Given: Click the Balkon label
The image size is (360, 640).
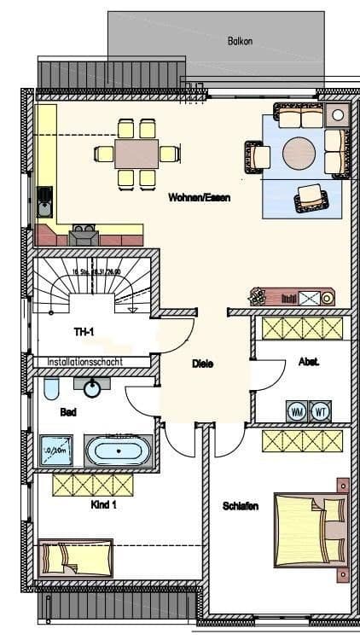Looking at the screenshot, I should (x=241, y=40).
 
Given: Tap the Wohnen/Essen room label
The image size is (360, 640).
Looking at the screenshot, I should (x=200, y=197).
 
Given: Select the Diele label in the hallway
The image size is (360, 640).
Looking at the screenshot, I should (x=202, y=364).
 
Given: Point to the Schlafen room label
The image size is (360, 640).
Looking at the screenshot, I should (x=241, y=506).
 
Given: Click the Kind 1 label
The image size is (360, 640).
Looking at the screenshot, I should (x=102, y=504).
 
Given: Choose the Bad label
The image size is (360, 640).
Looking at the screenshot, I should (x=67, y=411).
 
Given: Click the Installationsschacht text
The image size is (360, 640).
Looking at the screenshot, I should (x=85, y=362).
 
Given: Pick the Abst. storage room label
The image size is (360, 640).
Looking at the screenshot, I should (x=309, y=362).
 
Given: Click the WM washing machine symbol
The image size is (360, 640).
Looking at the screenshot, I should (x=298, y=410).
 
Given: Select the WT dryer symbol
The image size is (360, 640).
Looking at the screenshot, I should (x=321, y=410).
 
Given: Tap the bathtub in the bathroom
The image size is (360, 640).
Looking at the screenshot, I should (x=122, y=450).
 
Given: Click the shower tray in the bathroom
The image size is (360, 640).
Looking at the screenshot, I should (x=58, y=449).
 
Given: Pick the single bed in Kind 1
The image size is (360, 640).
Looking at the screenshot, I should (x=76, y=556).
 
